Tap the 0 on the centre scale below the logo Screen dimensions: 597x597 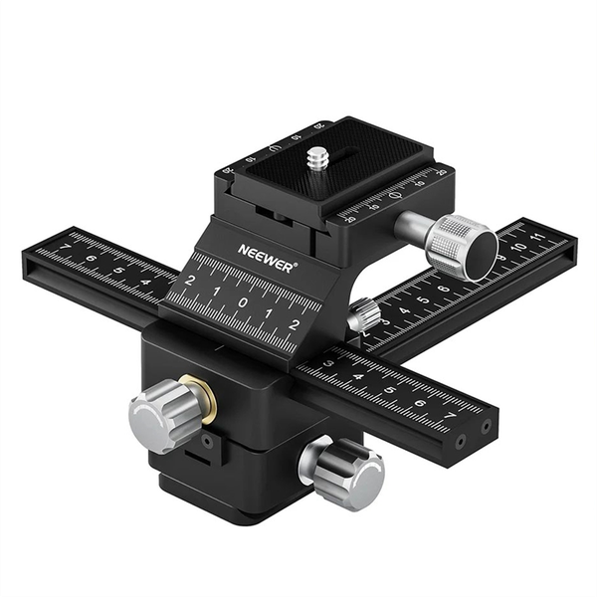coord(241,302)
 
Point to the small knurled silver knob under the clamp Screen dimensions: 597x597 coord(363,316)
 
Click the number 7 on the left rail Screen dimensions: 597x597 coord(65,248)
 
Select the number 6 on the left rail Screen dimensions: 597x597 coord(91,257)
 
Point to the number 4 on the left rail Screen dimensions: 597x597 coord(143,280)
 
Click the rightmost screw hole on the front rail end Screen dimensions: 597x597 coord(487,428)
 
